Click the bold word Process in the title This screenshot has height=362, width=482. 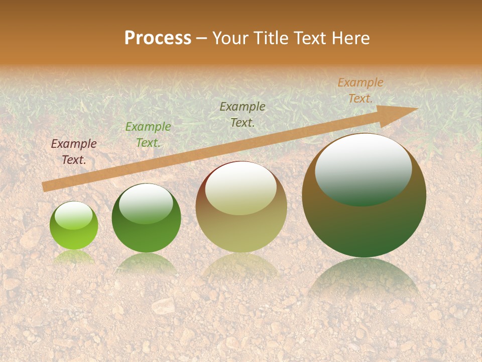[158, 38]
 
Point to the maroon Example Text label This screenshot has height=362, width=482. [74, 152]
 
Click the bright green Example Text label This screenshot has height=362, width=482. [148, 135]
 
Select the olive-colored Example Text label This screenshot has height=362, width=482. [243, 114]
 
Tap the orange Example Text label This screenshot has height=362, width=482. [360, 90]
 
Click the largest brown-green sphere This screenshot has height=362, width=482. [364, 226]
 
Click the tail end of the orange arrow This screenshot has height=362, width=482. [46, 187]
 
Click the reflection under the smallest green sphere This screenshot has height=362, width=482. [74, 257]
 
